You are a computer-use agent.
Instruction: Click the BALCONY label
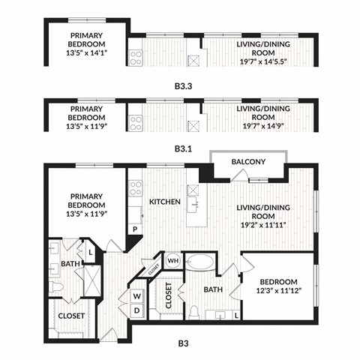248,162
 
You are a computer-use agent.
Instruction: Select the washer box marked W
137,295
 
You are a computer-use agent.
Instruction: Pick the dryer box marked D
137,310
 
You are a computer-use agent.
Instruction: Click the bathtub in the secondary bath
199,262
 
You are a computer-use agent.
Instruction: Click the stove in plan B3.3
136,57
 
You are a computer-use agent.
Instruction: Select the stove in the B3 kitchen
136,187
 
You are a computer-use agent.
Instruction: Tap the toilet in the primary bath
54,287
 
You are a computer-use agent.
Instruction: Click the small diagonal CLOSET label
153,265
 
